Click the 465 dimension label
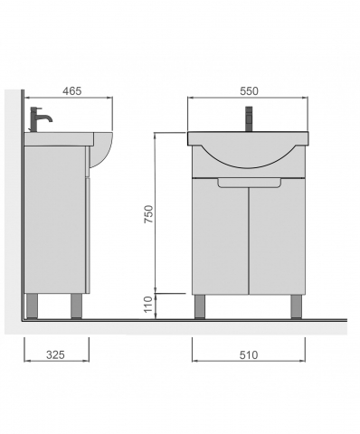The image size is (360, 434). [72, 90]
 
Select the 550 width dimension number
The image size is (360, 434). [249, 90]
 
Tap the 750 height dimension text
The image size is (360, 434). [149, 214]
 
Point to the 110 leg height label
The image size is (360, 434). [148, 305]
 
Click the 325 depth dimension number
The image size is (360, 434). [55, 354]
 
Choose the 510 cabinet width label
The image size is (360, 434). [249, 354]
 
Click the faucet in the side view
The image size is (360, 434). [41, 119]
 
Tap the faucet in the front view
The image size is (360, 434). [249, 118]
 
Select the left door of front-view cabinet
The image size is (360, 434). [221, 236]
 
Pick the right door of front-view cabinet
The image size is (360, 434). [277, 236]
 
